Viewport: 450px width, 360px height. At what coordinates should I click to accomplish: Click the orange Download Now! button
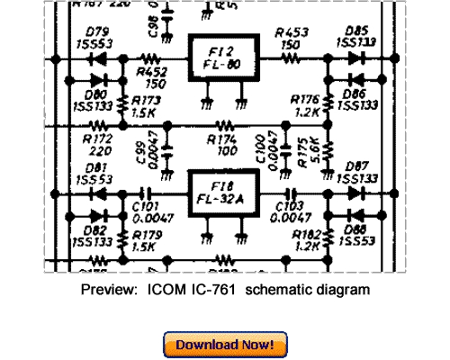click(225, 345)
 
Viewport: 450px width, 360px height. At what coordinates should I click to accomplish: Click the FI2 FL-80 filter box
click(221, 59)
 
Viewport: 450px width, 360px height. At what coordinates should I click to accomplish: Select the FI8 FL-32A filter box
click(221, 193)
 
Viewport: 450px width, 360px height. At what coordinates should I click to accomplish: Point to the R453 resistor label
click(291, 38)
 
